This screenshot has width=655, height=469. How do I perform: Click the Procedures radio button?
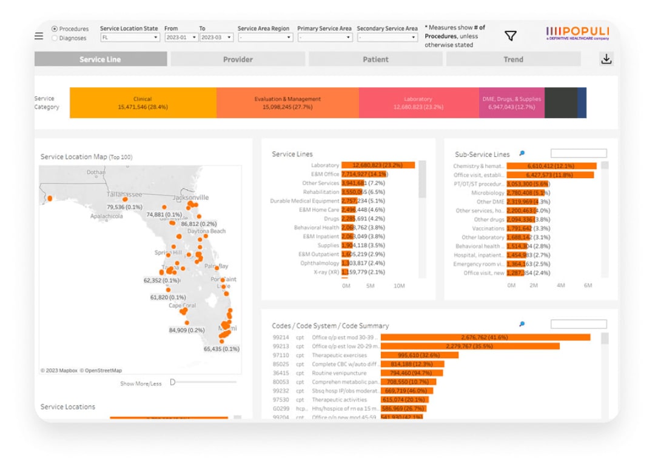click(55, 28)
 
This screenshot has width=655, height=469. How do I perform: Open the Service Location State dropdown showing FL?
click(129, 38)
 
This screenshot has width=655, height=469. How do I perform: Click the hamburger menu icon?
click(39, 36)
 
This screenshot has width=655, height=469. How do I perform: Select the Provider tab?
click(238, 59)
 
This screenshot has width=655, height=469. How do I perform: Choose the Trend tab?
click(513, 59)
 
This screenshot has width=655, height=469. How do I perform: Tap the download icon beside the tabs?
click(605, 59)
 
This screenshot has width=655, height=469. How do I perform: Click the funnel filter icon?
click(511, 36)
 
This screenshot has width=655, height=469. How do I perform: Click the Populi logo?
click(577, 33)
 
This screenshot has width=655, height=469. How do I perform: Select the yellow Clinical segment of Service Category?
click(143, 102)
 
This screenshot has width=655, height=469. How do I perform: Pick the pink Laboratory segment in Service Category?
click(418, 102)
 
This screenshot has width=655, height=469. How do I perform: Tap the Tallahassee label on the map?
click(124, 195)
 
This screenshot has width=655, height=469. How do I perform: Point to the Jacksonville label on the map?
click(190, 198)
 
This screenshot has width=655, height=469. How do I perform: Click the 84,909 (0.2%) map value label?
click(187, 330)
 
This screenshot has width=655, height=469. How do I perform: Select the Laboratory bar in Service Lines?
click(378, 165)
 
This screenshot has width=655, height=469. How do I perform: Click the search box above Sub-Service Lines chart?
click(578, 154)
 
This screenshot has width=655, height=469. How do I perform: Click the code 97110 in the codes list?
click(281, 355)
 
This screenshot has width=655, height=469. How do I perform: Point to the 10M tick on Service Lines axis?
click(399, 285)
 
